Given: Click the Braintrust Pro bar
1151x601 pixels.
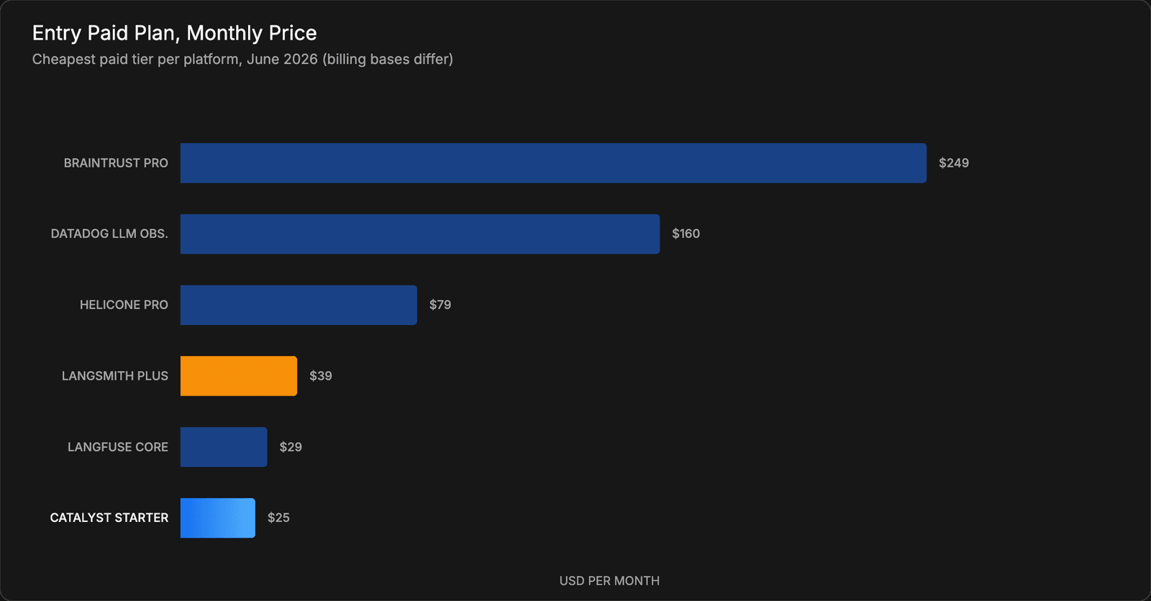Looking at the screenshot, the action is point(553,163).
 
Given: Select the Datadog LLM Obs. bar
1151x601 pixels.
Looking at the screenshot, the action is point(420,234).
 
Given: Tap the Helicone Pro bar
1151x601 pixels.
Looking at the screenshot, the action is point(299,305).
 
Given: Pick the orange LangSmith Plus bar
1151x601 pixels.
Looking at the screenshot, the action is point(238,376).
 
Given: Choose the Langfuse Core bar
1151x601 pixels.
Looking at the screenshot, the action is point(224,447).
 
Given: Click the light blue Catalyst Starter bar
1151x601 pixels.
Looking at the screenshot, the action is point(218,518).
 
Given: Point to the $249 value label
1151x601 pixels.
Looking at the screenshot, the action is point(954,163).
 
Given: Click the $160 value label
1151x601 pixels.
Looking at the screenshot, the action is point(686,234).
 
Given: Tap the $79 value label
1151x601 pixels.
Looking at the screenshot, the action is point(440,305).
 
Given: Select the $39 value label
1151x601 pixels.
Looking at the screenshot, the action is point(321,376).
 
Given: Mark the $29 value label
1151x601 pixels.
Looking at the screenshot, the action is point(291,447).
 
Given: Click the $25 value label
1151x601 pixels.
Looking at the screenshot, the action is point(278,518).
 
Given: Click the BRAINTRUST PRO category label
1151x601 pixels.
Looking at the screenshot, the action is point(116,163).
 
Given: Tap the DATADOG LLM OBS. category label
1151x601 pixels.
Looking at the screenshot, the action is point(109,234).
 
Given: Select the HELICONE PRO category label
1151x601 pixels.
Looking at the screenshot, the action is point(124,305).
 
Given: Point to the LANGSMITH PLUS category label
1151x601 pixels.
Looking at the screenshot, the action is point(115,376).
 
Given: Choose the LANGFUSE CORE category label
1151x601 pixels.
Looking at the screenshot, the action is point(118,447).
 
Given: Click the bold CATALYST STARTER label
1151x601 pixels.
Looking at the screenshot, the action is point(109,518).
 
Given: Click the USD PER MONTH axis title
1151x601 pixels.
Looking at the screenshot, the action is point(609,581).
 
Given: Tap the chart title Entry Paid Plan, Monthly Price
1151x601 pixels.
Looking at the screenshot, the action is point(174,33).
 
